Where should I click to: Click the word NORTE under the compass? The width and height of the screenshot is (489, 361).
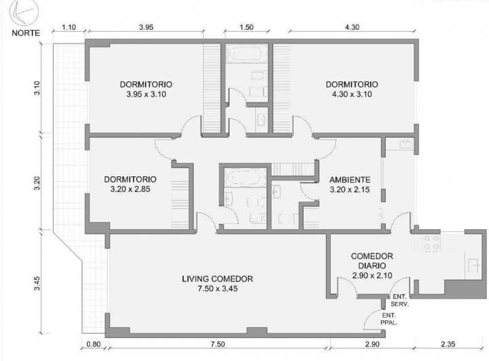(x=26, y=33)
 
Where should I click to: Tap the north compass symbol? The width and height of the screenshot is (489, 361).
(x=24, y=12)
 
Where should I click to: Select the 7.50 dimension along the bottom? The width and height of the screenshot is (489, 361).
(x=217, y=344)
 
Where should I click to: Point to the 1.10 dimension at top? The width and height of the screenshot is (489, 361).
(x=69, y=27)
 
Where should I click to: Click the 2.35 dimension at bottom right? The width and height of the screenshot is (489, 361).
(x=448, y=344)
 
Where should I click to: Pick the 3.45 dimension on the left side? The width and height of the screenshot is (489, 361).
(x=37, y=284)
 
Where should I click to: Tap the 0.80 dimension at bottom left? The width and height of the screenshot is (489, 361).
(x=94, y=344)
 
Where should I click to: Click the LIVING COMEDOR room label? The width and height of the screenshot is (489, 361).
(x=217, y=279)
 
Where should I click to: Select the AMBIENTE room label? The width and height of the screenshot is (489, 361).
(x=350, y=180)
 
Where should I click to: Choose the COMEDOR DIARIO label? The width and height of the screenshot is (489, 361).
(x=372, y=261)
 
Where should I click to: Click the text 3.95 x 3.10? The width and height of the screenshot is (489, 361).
(x=146, y=94)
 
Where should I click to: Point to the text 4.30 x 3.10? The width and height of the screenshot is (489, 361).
(x=352, y=94)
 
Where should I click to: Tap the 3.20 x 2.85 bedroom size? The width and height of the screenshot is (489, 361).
(x=130, y=189)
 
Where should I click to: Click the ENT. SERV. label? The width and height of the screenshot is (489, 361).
(x=400, y=300)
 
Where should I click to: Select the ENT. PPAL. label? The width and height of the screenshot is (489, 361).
(x=389, y=319)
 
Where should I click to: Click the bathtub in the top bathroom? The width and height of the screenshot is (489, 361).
(x=247, y=54)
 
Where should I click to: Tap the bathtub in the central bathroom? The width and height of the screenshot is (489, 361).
(x=245, y=178)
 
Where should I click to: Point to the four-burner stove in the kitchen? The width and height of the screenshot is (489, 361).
(x=432, y=243)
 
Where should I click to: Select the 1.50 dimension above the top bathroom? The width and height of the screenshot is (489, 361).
(x=247, y=27)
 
